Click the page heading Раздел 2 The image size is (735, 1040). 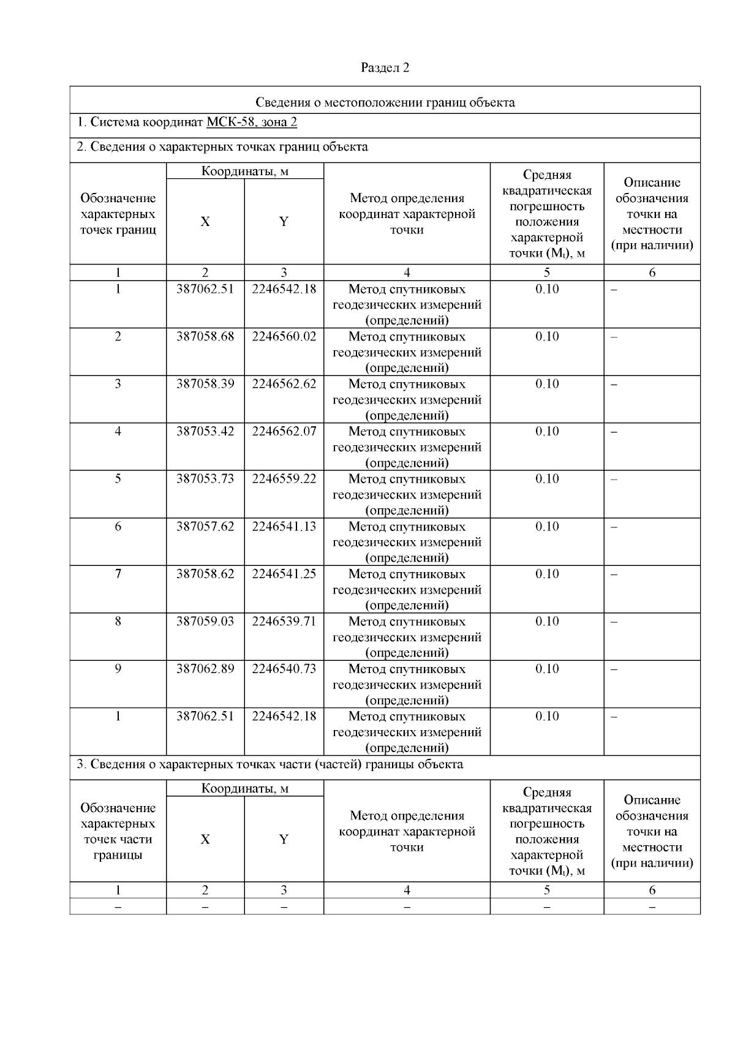[x=385, y=68]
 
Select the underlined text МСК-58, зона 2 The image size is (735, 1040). [x=252, y=122]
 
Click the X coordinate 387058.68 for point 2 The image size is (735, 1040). [x=205, y=337]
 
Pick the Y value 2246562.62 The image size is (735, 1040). [x=284, y=384]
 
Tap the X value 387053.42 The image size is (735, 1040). [x=205, y=432]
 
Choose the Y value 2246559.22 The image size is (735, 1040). [x=284, y=479]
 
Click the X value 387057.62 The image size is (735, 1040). [x=205, y=527]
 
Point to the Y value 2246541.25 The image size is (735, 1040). [x=284, y=574]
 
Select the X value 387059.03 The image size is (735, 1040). [x=205, y=622]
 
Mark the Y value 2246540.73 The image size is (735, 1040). [x=284, y=669]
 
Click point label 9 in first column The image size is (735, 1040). [x=118, y=669]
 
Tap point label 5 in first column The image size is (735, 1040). [x=118, y=479]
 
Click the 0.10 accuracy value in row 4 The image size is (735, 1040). [x=547, y=432]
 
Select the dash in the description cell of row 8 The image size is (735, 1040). [x=614, y=622]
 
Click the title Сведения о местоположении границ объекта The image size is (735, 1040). [x=385, y=102]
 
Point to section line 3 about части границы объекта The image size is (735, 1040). [x=269, y=764]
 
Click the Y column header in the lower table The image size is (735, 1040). [x=284, y=840]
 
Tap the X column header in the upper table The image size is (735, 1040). [x=205, y=222]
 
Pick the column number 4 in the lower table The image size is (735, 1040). [x=407, y=891]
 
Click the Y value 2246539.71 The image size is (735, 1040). [x=284, y=622]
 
